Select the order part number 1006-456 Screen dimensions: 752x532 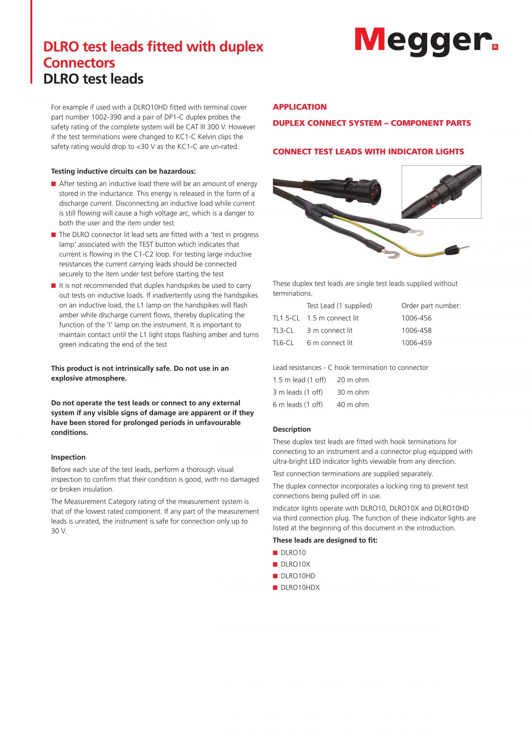[x=416, y=318]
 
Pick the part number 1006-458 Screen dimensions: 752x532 [x=416, y=330]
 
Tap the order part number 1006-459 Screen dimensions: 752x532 [x=416, y=343]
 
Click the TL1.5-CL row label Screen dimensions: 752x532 [x=286, y=318]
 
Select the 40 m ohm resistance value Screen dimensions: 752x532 [x=352, y=405]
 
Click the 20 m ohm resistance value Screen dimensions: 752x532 [x=352, y=380]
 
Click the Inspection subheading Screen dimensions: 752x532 [x=68, y=457]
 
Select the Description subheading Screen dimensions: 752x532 [x=291, y=429]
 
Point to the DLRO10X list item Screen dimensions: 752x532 [x=295, y=564]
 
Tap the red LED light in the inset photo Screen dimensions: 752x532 [x=433, y=206]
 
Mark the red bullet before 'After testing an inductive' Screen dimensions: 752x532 [x=53, y=184]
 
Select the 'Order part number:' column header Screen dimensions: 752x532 [x=431, y=306]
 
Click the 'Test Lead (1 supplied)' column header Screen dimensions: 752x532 [x=339, y=306]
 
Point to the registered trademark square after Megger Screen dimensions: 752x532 [x=495, y=47]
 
